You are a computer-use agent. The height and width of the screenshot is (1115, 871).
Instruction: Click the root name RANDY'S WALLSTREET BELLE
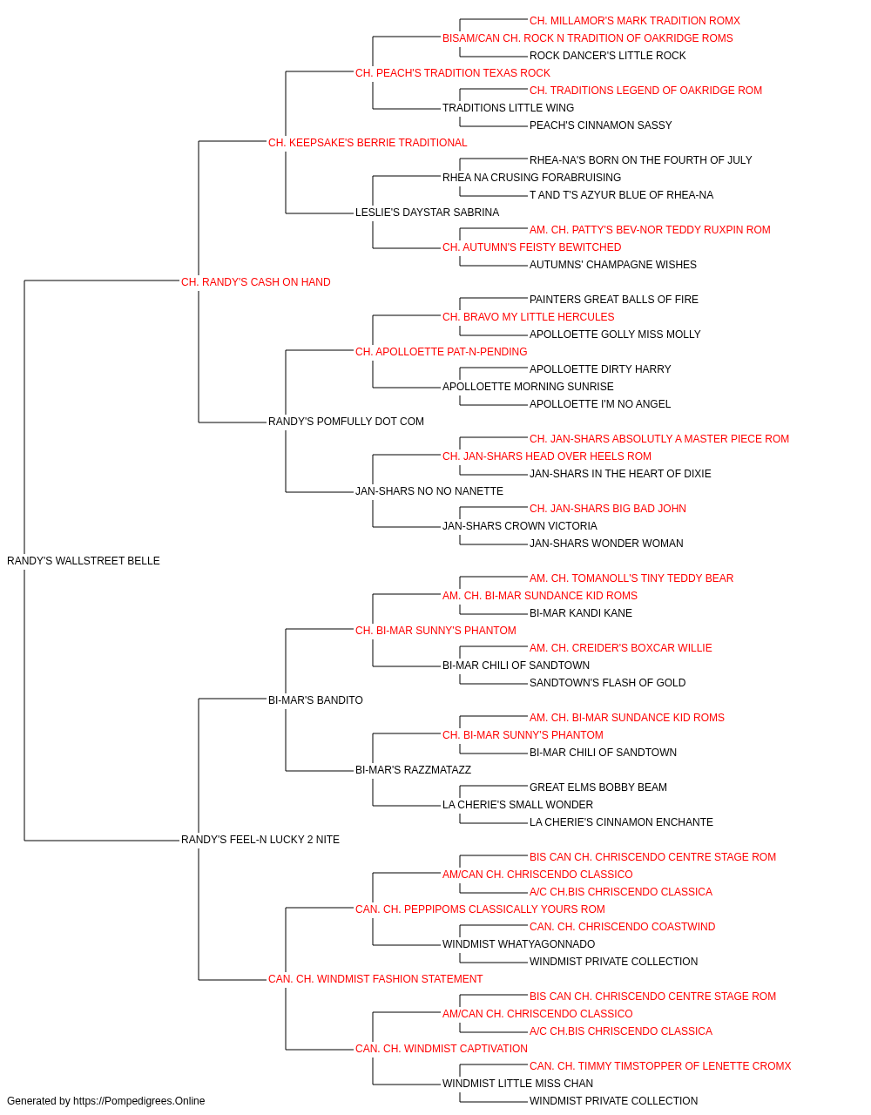83,561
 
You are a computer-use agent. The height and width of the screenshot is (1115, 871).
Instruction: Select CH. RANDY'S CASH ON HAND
255,282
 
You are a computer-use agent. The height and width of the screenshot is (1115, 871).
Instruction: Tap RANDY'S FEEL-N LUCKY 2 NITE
260,840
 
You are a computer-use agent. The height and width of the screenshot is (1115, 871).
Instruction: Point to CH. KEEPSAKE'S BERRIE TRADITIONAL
368,143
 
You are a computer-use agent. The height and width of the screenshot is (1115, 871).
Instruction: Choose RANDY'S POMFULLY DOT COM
346,422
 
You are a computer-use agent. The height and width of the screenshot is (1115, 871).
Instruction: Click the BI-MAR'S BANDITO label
315,700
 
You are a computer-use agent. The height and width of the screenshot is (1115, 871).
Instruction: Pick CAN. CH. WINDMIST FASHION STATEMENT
375,979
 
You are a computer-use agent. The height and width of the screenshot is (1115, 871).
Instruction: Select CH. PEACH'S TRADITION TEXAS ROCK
452,73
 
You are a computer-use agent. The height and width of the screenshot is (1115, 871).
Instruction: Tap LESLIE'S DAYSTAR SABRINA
427,213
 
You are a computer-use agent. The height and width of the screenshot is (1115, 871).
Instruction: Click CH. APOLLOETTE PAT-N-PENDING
441,352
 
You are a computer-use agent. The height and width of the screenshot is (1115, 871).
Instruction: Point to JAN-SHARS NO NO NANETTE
429,491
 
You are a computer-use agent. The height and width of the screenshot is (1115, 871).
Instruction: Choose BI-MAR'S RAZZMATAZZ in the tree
413,770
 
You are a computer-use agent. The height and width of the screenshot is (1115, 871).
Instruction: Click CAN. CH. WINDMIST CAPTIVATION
441,1049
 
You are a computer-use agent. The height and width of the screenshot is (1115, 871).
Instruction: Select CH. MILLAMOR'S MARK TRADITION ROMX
635,21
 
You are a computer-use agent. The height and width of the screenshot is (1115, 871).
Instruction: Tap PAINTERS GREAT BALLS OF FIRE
613,300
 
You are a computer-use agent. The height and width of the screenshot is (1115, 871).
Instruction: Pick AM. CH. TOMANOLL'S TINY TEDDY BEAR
631,578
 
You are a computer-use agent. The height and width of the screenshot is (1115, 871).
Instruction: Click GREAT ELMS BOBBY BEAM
598,787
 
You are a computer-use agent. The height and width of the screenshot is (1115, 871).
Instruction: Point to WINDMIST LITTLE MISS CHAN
517,1083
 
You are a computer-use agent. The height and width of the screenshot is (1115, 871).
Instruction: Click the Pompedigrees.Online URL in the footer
138,1101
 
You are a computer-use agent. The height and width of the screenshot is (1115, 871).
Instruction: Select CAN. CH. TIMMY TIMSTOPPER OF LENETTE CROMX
660,1066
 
